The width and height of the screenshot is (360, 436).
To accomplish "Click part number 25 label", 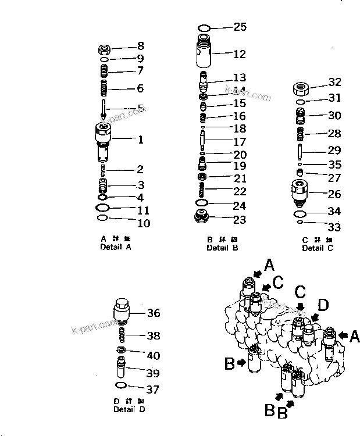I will [x=240, y=27].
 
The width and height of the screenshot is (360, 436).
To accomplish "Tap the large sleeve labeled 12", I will [x=204, y=54].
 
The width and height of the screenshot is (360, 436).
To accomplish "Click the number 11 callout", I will [x=143, y=210].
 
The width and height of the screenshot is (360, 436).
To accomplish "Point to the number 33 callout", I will [x=334, y=227].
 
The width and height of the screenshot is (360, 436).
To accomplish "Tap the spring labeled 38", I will [x=123, y=335].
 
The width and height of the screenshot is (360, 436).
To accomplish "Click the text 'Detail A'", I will [x=115, y=247].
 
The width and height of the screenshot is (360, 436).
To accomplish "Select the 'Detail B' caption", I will [x=222, y=248].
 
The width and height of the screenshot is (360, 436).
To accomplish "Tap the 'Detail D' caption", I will [x=130, y=409].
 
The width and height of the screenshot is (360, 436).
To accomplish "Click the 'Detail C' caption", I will [x=317, y=248].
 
